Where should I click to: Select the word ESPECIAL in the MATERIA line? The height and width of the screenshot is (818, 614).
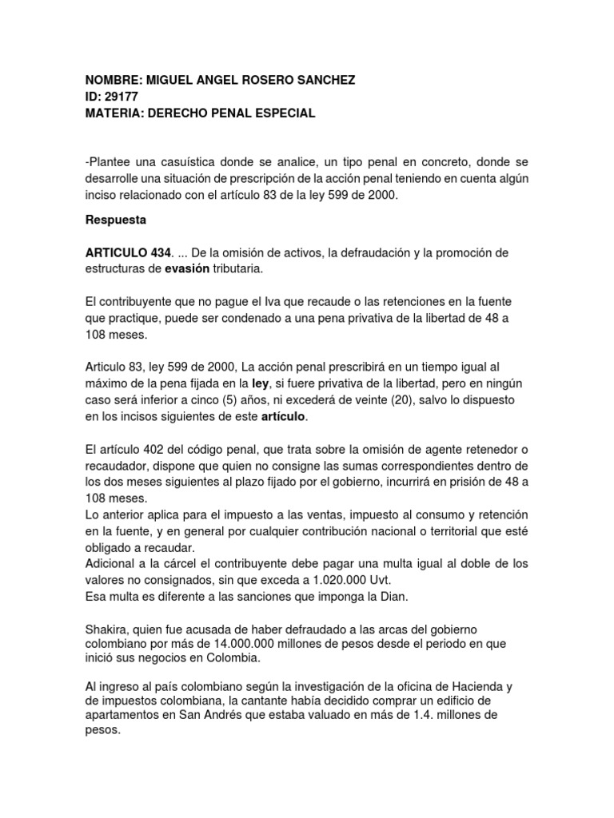pyautogui.click(x=283, y=113)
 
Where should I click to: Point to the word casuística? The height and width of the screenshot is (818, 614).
pyautogui.click(x=180, y=164)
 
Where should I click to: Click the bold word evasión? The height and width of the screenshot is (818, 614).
pyautogui.click(x=187, y=269)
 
